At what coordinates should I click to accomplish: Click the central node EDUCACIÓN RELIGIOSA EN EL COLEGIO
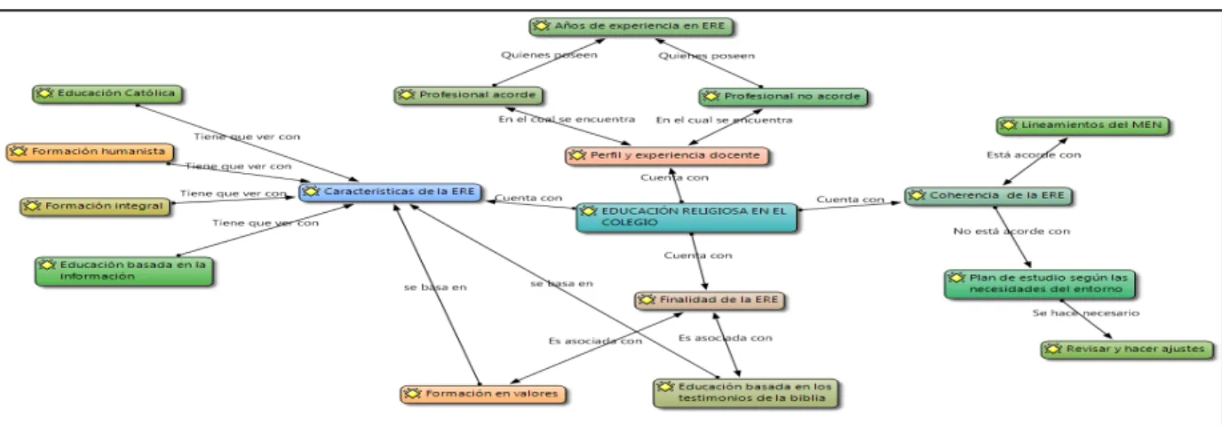686,216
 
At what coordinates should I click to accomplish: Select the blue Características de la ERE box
390,192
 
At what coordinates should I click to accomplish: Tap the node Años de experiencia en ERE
631,26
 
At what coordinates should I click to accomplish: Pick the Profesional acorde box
468,95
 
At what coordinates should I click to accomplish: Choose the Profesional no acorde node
783,97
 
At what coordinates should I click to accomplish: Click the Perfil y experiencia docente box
667,156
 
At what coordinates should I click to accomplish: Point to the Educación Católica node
107,94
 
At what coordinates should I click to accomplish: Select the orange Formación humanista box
90,152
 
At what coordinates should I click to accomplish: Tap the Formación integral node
95,207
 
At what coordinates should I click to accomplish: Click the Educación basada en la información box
123,272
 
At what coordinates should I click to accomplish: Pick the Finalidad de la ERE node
710,300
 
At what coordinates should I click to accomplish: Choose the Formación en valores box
483,394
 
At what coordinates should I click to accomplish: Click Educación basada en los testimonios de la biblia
746,393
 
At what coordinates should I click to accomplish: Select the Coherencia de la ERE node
988,195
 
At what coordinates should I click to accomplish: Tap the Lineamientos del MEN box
1083,126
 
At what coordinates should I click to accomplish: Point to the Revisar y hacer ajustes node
1127,350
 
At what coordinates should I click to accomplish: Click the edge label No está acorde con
1012,231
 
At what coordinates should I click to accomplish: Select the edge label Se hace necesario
1085,312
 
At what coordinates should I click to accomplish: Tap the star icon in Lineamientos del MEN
1008,125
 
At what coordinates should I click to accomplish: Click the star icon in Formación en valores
412,394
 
